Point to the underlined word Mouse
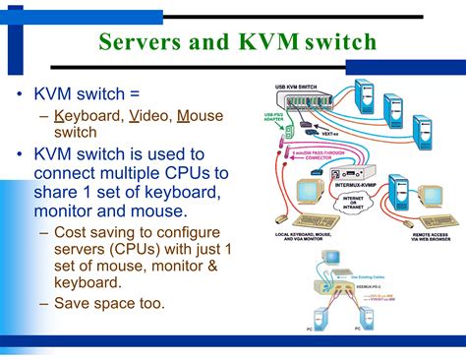point(201,116)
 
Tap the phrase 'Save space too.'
point(108,303)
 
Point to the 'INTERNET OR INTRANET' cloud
point(348,202)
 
